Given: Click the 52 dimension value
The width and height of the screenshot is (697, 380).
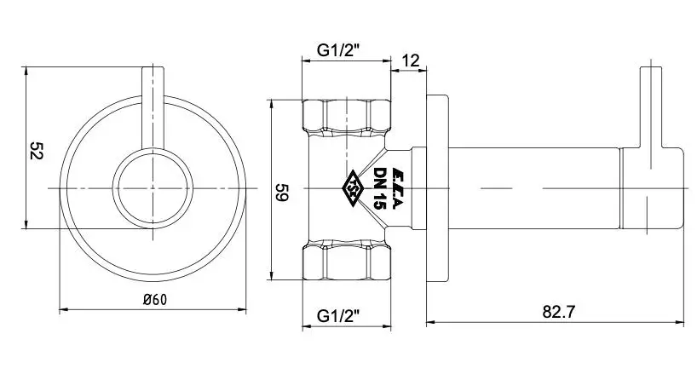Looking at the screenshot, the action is (36, 151).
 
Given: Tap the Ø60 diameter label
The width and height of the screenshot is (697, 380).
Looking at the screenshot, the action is (156, 300).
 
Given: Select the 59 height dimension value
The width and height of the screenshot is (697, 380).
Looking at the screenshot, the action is (282, 192).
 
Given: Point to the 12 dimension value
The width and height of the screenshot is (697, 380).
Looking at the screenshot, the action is (411, 60).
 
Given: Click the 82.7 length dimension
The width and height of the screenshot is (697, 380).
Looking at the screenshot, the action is (558, 312).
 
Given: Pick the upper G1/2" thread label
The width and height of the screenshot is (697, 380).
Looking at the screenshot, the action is (338, 50).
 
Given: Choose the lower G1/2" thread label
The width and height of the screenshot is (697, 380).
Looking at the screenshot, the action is (338, 316).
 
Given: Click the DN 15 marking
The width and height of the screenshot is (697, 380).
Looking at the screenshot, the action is (380, 188).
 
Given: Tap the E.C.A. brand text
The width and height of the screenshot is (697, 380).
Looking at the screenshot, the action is (395, 188).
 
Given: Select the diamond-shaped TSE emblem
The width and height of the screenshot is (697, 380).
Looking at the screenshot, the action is (353, 189).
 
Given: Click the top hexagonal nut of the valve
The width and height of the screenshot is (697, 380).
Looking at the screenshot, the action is (347, 117).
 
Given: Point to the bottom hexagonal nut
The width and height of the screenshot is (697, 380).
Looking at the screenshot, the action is (347, 262).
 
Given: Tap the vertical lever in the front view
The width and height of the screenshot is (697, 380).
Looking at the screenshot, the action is (153, 107).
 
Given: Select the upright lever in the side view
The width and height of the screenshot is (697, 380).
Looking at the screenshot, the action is (651, 107).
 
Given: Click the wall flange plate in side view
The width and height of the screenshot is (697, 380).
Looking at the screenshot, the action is (437, 188).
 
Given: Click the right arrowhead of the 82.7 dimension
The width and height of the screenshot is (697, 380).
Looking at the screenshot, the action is (679, 322).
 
